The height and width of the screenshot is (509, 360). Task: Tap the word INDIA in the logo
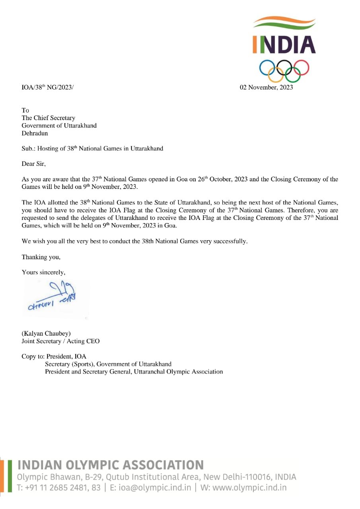284,44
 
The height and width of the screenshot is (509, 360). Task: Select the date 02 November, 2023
266,87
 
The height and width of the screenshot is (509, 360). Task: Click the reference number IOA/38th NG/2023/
47,87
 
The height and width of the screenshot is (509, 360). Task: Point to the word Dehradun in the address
35,133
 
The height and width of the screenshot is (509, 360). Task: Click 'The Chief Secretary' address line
48,118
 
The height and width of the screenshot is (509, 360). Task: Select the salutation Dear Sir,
34,163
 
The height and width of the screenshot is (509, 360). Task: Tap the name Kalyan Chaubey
46,333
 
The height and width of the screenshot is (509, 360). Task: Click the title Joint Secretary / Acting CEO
60,341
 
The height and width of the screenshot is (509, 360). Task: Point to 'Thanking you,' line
41,257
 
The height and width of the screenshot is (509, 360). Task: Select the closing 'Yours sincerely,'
43,272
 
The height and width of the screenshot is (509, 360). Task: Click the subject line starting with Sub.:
92,148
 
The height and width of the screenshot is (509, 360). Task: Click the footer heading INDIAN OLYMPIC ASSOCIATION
111,465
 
